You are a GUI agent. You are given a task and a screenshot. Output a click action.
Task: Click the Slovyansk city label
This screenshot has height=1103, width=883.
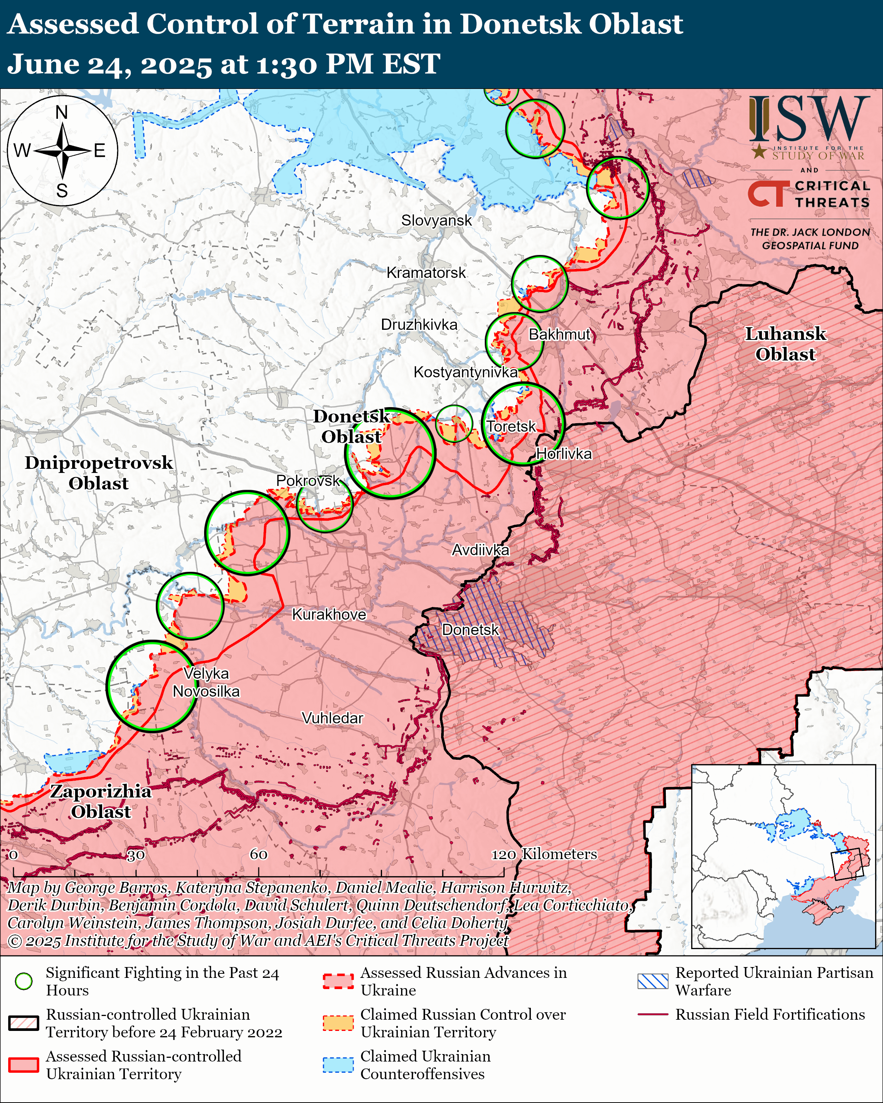tap(436, 220)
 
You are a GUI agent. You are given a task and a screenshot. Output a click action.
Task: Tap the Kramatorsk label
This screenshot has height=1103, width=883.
tap(426, 273)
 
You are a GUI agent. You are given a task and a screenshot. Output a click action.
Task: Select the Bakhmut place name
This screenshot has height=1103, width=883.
tap(560, 335)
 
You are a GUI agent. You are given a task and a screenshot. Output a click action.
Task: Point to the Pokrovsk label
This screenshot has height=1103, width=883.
tap(308, 480)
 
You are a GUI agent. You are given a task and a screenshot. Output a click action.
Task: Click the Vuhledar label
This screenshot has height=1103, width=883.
tap(332, 718)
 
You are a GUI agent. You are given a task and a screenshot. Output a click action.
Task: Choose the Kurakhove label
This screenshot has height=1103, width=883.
tap(329, 614)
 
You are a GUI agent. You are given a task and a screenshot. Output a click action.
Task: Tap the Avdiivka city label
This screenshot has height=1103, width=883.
tap(480, 550)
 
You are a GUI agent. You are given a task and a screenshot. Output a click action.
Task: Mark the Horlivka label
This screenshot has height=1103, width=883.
tap(564, 454)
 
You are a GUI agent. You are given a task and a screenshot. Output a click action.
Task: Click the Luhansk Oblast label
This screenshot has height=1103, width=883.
tap(785, 344)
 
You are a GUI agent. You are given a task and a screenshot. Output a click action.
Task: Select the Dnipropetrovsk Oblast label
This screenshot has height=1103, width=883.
tap(99, 473)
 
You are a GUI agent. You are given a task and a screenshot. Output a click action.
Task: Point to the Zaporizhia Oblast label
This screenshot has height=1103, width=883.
tap(101, 801)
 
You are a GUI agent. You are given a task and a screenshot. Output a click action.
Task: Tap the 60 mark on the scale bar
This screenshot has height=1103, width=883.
tap(258, 854)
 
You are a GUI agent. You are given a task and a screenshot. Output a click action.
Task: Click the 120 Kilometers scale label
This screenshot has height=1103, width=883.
tap(544, 854)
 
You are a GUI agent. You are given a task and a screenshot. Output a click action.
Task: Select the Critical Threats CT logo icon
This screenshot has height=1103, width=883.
tap(768, 194)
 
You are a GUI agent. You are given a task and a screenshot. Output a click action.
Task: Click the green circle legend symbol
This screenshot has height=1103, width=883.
tap(24, 981)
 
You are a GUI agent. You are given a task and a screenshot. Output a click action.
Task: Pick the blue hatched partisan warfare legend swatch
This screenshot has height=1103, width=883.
tap(653, 981)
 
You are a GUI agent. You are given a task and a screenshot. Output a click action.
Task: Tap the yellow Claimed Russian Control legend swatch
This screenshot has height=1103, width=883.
tap(338, 1023)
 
